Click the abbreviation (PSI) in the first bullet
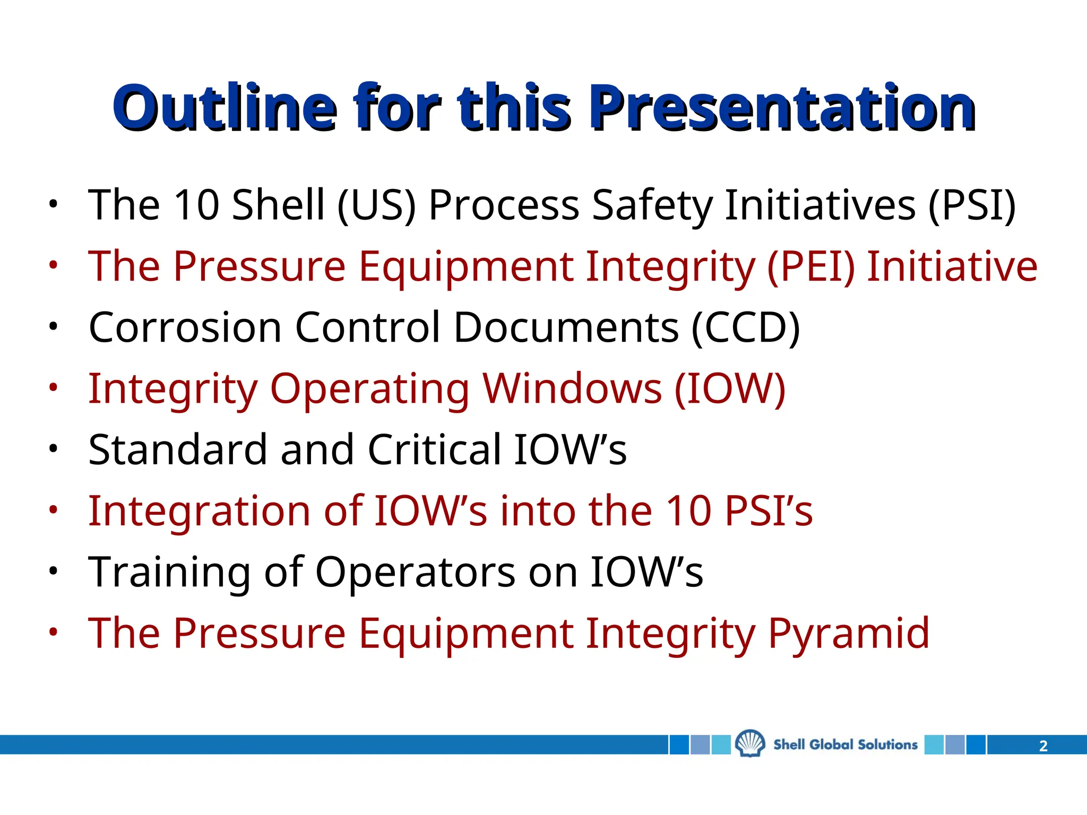coord(972,205)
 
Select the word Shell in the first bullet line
coord(278,205)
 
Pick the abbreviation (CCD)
coord(745,327)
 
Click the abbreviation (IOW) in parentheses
coord(730,389)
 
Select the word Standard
coord(177,450)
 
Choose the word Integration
coord(199,511)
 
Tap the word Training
coord(169,573)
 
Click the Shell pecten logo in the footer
coord(750,744)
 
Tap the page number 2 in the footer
coord(1043,746)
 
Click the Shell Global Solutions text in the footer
coord(845,744)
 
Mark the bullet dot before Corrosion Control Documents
coord(53,327)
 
